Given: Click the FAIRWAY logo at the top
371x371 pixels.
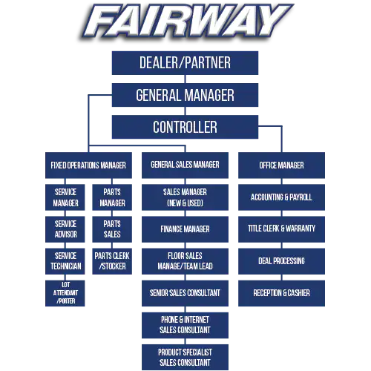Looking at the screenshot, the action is [x=187, y=22].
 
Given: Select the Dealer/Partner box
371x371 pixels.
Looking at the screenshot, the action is [x=185, y=63].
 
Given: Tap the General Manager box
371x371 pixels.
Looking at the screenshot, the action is [x=185, y=95].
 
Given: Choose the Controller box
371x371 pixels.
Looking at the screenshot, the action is [x=185, y=127].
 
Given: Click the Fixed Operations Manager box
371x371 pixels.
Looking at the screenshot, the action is [x=88, y=165].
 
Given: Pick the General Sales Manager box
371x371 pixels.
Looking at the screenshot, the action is [x=185, y=165].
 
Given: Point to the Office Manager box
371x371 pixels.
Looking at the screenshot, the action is [x=281, y=165].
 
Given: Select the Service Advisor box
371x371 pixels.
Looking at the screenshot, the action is [x=65, y=229].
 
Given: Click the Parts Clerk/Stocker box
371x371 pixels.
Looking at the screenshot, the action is [x=112, y=261].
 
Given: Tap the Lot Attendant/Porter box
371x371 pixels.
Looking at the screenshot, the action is [x=65, y=293].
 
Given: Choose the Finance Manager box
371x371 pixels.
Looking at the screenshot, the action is [x=185, y=229].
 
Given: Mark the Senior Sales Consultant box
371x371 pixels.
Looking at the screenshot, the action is [x=185, y=293].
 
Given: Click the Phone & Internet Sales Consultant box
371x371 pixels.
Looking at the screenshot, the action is [x=185, y=325].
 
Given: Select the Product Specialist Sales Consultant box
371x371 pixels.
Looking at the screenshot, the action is [x=185, y=357].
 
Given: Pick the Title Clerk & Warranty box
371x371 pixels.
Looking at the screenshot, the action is [x=281, y=229].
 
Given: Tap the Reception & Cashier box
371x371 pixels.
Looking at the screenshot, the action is [x=281, y=293].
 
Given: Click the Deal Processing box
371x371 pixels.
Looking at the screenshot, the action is [x=281, y=261].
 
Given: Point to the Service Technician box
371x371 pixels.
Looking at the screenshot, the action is [x=65, y=261].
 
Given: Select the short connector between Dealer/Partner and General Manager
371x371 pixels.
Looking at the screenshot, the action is [x=185, y=79].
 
